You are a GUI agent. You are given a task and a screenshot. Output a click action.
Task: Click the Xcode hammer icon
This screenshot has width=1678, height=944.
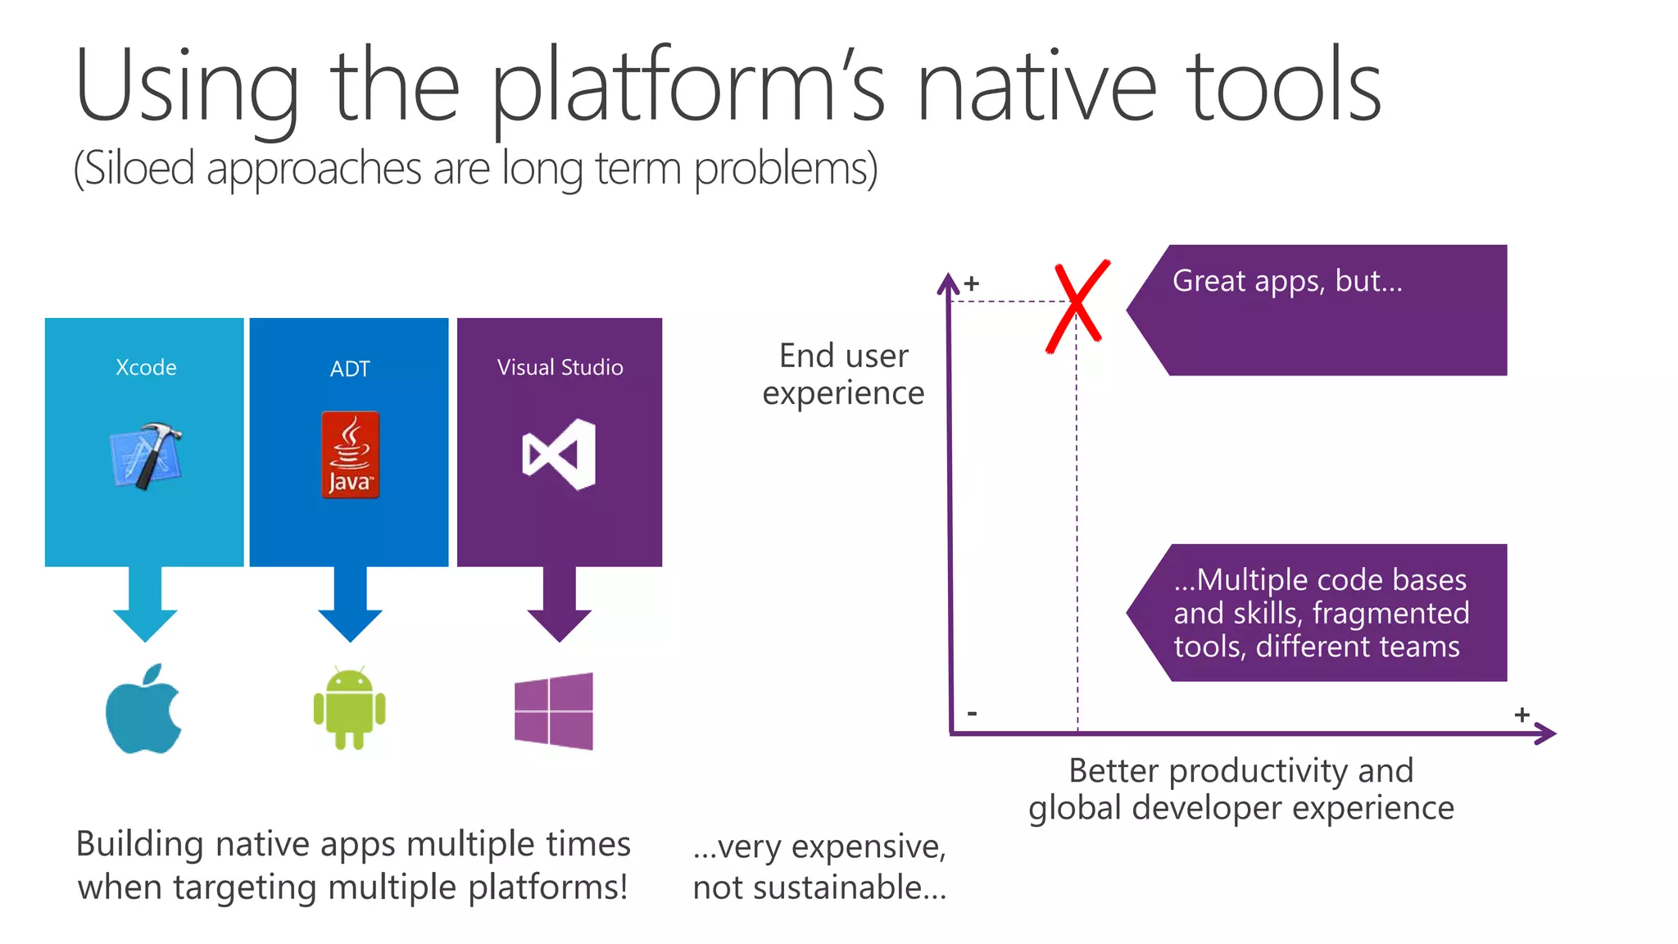146,456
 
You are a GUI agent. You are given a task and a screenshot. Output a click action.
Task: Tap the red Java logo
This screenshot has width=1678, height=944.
350,455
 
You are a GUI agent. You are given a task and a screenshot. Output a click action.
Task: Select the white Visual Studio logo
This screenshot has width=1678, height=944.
559,454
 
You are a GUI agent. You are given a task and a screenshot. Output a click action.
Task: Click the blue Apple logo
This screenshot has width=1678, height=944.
144,710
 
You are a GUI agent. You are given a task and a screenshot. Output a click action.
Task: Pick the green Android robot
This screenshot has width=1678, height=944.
349,709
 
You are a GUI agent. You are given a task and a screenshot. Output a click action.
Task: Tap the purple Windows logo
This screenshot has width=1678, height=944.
554,710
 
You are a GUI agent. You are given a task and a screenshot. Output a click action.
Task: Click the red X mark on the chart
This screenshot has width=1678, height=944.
1077,306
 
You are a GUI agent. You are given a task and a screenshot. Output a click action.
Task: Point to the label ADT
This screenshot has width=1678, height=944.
350,369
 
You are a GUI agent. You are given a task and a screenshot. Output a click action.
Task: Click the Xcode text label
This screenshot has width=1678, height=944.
146,367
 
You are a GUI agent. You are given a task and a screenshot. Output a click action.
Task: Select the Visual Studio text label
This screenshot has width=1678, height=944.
560,367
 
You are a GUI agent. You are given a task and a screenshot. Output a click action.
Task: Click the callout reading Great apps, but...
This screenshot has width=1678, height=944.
1319,310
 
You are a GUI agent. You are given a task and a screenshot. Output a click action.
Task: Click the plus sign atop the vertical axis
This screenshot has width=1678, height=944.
972,284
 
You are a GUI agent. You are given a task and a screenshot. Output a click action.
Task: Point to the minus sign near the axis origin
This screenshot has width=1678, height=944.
972,713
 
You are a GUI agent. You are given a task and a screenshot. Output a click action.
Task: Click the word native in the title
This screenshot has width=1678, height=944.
1036,87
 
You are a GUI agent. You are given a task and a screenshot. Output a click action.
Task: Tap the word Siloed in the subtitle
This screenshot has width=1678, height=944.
139,169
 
